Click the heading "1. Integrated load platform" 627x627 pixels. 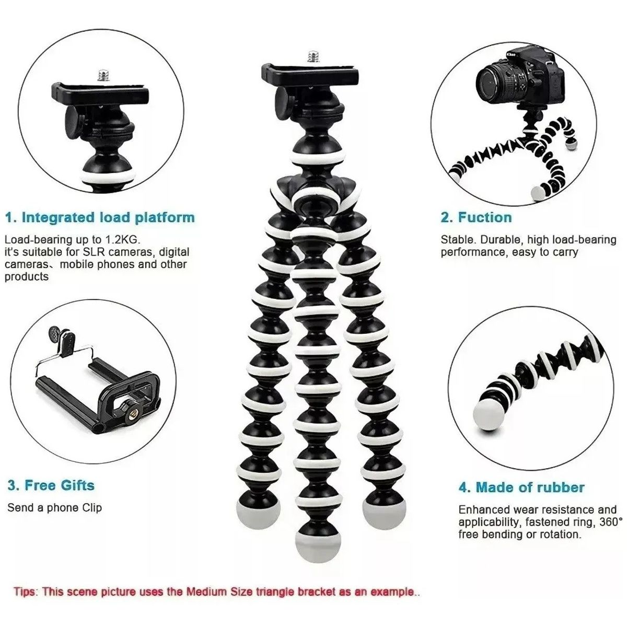[100, 217]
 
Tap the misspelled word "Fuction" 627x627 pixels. [484, 217]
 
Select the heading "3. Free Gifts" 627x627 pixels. [51, 485]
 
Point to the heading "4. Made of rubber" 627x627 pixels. [521, 487]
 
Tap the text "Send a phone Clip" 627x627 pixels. [54, 507]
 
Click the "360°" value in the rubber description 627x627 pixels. [611, 521]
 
